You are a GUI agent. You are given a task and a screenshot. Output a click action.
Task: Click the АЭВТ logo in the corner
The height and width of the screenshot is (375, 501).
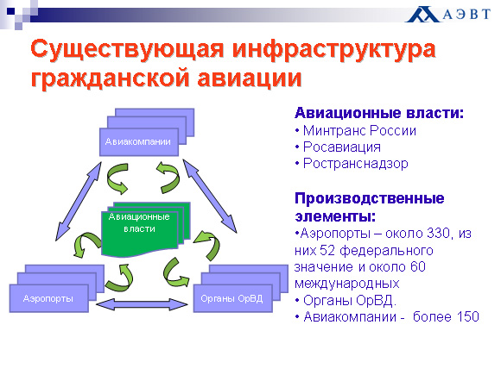pyautogui.click(x=447, y=15)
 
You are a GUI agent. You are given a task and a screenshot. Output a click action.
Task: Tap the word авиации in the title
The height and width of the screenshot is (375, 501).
pyautogui.click(x=250, y=78)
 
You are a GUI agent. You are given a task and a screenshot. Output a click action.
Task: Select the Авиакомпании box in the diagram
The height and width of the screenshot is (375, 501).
pyautogui.click(x=139, y=142)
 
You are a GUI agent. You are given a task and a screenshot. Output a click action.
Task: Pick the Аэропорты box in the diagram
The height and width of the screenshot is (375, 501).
pyautogui.click(x=48, y=298)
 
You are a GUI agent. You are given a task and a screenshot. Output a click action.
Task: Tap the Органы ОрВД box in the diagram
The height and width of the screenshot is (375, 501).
pyautogui.click(x=232, y=298)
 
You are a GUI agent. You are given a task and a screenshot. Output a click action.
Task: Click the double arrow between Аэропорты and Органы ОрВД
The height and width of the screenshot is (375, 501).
pyautogui.click(x=142, y=304)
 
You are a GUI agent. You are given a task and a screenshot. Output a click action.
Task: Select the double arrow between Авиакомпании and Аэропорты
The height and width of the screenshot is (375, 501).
pyautogui.click(x=79, y=201)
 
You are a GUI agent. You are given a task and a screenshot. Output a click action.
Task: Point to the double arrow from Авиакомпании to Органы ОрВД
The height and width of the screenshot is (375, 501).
pyautogui.click(x=210, y=196)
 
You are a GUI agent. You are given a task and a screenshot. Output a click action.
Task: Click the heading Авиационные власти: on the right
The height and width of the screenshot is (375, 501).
pyautogui.click(x=379, y=113)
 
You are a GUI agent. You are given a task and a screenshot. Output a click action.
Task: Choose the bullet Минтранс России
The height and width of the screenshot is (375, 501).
pyautogui.click(x=359, y=130)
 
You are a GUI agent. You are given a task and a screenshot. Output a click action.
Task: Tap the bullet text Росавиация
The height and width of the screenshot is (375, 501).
pyautogui.click(x=341, y=147)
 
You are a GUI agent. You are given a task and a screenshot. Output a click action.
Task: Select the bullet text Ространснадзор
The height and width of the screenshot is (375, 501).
pyautogui.click(x=355, y=164)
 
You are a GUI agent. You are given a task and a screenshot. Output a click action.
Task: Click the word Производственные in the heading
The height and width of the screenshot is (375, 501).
pyautogui.click(x=370, y=198)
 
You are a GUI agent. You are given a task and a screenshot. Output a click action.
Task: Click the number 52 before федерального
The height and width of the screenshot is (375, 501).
pyautogui.click(x=327, y=251)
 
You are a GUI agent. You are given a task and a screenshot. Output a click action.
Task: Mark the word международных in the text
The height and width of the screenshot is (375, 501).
pyautogui.click(x=347, y=284)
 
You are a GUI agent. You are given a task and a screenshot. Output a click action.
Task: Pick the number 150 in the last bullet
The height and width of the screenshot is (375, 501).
pyautogui.click(x=467, y=317)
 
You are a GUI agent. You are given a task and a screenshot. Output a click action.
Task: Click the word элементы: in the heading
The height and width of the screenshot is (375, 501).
pyautogui.click(x=335, y=216)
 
